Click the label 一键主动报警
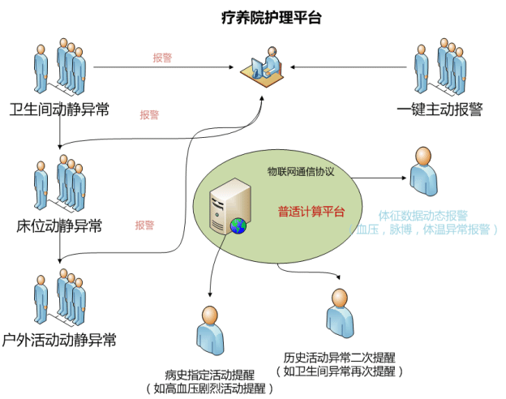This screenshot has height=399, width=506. (x=440, y=109)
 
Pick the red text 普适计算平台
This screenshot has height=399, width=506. (x=311, y=212)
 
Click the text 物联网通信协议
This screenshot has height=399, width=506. (x=301, y=172)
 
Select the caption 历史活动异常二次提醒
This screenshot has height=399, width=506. (x=340, y=358)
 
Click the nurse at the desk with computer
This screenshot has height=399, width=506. (x=264, y=63)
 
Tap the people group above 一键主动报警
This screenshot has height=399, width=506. (x=440, y=62)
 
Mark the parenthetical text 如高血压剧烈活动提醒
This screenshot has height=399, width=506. (x=209, y=388)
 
